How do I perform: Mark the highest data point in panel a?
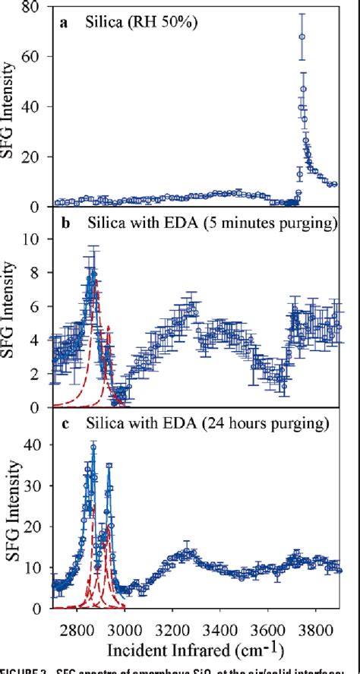pyautogui.click(x=302, y=36)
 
